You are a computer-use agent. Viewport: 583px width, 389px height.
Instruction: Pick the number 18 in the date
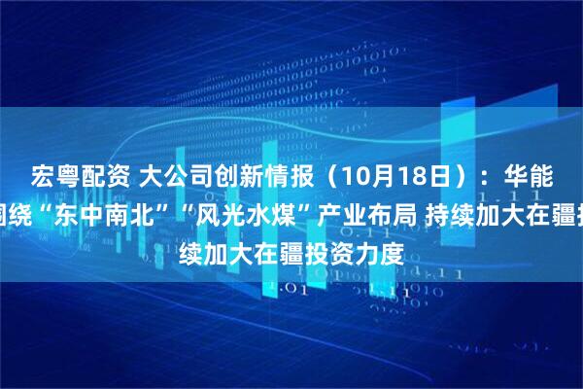[376, 176]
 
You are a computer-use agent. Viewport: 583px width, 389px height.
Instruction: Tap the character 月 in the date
[351, 176]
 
